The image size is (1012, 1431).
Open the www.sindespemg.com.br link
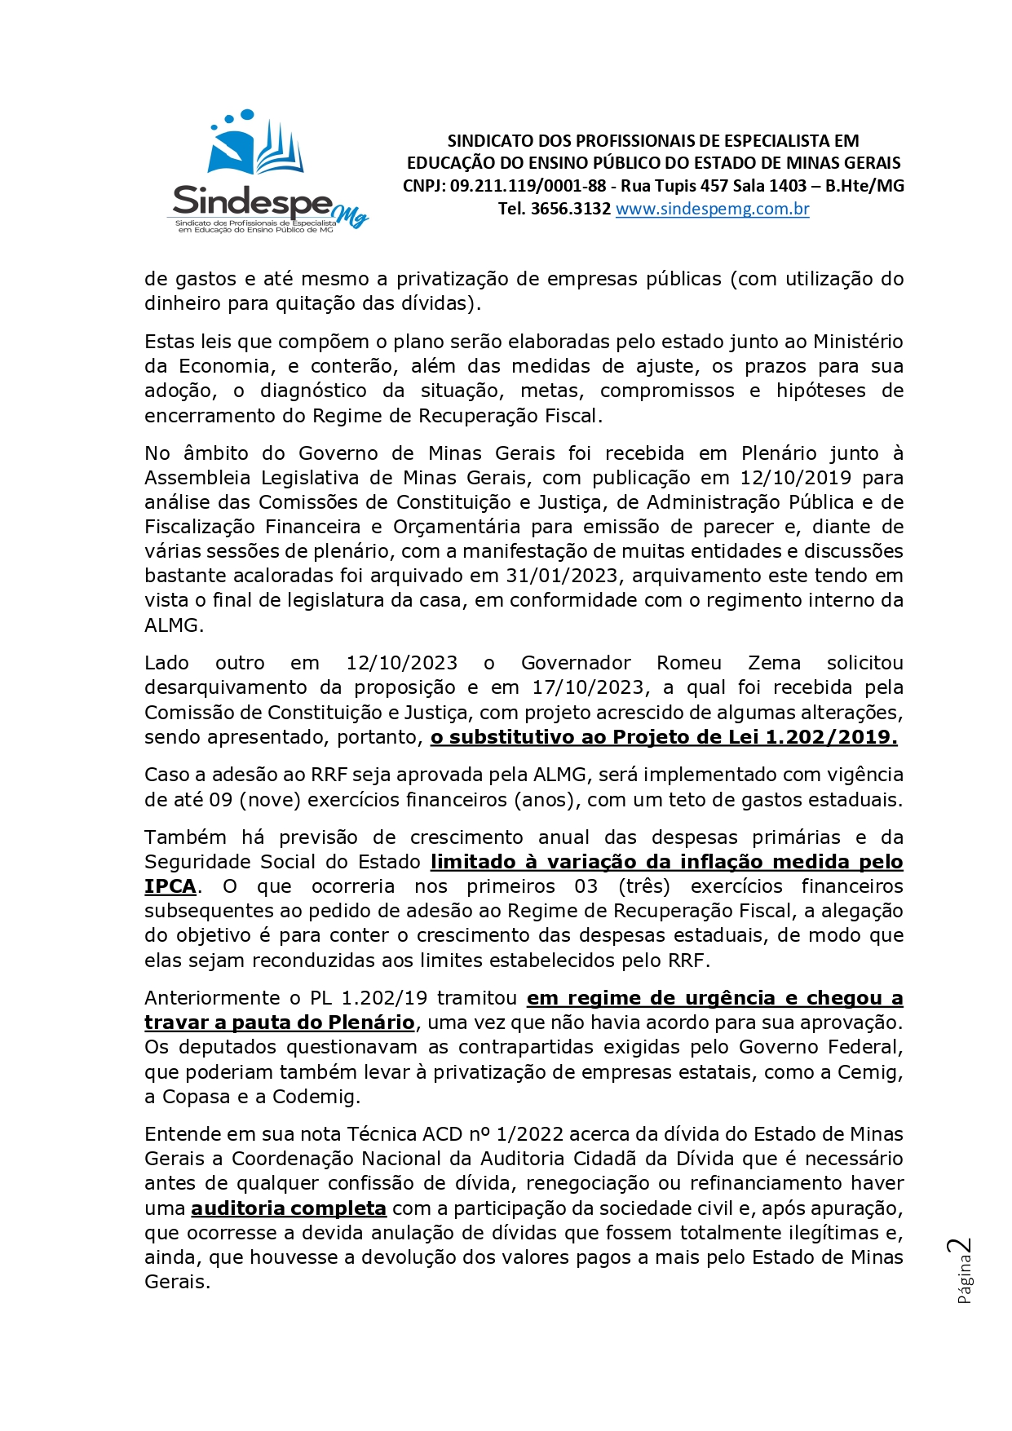[x=712, y=209]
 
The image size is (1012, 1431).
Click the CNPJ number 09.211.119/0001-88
[x=528, y=186]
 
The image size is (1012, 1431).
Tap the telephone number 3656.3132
[x=570, y=209]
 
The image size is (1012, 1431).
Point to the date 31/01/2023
[x=562, y=576]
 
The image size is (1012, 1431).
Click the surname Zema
[x=774, y=663]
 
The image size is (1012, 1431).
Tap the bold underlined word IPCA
[x=170, y=886]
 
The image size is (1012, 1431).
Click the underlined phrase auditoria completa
[x=289, y=1208]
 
